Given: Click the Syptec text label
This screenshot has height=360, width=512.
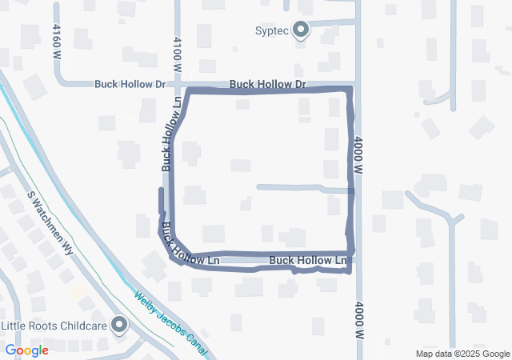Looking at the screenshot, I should coord(270,31).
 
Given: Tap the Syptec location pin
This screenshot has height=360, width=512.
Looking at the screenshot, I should coord(301,30).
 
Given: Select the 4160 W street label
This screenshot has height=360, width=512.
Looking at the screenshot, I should coord(56,42).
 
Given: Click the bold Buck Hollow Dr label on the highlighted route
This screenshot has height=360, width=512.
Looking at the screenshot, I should coord(267,84).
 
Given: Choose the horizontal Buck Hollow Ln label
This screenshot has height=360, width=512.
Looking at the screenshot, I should coord(309,261).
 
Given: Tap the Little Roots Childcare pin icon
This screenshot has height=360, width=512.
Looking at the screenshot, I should coord(119,324).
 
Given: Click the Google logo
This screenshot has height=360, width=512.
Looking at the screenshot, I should coord(26,350).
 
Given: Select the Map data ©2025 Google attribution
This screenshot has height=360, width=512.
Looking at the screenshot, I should coord(462,354).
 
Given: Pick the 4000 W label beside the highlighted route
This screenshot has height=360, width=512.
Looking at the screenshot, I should coord(358,156).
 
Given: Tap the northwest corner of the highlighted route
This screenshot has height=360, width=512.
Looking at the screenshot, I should coord(188,92).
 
